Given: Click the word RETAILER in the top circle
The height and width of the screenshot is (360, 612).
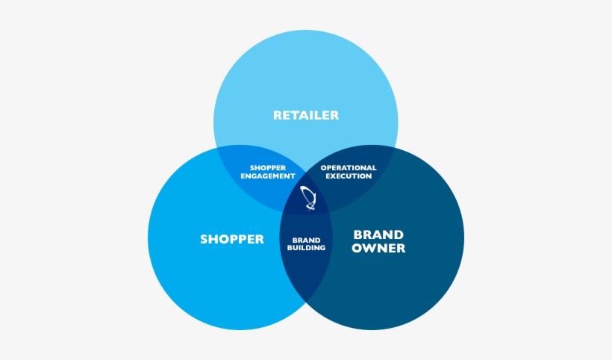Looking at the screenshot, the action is pyautogui.click(x=306, y=115).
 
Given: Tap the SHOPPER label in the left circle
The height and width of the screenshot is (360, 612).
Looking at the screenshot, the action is pyautogui.click(x=232, y=239).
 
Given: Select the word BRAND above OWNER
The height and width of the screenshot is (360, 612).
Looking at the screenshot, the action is pyautogui.click(x=378, y=235).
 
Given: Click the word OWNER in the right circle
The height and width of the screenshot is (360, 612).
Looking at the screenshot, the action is pyautogui.click(x=378, y=248).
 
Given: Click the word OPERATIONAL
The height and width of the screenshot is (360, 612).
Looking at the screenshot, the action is pyautogui.click(x=349, y=168).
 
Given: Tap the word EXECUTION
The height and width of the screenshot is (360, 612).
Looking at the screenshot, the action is pyautogui.click(x=349, y=176).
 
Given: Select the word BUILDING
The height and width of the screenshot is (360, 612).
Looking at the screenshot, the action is pyautogui.click(x=307, y=248).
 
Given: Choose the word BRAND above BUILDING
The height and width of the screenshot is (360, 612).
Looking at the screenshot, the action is pyautogui.click(x=307, y=240).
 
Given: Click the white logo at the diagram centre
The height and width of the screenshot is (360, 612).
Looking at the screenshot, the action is pyautogui.click(x=308, y=198).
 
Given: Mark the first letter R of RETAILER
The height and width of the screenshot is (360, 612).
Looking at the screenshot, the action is pyautogui.click(x=278, y=115).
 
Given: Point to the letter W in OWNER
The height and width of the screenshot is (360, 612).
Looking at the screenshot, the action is pyautogui.click(x=367, y=248).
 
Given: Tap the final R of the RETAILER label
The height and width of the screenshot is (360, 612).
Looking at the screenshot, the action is pyautogui.click(x=334, y=115).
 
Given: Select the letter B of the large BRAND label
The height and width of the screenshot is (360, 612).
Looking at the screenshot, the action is pyautogui.click(x=357, y=235).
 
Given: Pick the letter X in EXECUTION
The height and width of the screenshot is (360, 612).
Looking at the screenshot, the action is pyautogui.click(x=335, y=176).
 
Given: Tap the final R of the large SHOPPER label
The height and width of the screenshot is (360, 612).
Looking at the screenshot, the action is pyautogui.click(x=260, y=239).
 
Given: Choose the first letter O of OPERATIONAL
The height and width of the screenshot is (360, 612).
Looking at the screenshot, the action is pyautogui.click(x=323, y=168).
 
